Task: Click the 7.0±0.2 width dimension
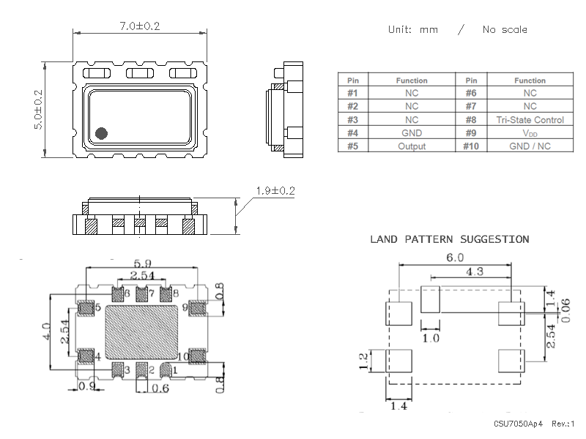click(x=139, y=26)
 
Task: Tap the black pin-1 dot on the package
click(x=101, y=133)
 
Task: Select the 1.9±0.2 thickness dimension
click(x=275, y=191)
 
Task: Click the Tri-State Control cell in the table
click(x=530, y=119)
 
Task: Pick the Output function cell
click(x=412, y=146)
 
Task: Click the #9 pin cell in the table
click(x=471, y=132)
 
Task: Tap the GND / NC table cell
click(x=530, y=146)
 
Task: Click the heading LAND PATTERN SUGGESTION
click(x=449, y=239)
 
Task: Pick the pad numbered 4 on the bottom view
click(x=85, y=356)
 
